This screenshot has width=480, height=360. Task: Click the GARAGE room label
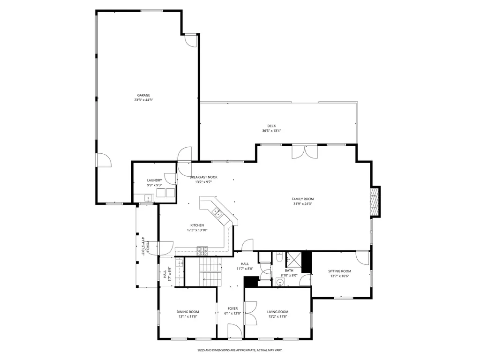143,95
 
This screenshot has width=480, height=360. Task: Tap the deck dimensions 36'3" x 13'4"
271,131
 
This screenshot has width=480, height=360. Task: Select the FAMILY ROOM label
303,199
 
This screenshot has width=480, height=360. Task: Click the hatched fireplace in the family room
375,202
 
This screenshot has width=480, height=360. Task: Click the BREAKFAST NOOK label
203,177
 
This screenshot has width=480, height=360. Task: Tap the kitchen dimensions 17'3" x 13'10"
197,230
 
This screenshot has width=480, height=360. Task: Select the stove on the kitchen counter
202,251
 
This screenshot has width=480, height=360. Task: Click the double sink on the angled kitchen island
217,211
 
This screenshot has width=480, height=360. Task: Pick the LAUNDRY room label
155,180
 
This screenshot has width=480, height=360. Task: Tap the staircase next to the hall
210,272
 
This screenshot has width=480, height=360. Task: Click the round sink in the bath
279,282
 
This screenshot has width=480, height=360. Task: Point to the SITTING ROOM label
340,271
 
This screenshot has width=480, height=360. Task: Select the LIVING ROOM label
277,312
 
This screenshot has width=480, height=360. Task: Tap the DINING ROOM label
187,312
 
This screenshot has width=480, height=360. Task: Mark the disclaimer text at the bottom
240,350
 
